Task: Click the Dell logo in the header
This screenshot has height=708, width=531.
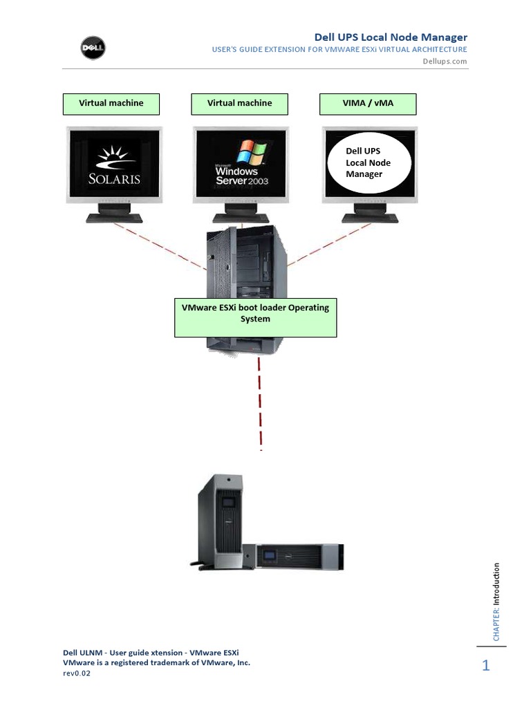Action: tap(88, 49)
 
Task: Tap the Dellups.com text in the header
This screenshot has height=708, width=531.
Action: tap(445, 61)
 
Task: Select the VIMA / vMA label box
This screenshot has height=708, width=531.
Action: tap(368, 103)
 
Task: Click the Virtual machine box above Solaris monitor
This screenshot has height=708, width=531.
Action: tap(111, 103)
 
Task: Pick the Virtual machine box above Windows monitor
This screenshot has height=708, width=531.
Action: tap(239, 103)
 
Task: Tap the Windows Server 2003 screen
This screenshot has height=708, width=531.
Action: tap(240, 166)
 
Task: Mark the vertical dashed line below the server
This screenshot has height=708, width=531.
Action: tap(260, 401)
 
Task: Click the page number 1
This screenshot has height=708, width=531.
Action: tap(486, 666)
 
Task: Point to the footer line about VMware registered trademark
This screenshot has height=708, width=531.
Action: tap(156, 662)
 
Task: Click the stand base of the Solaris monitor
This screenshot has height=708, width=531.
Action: tap(114, 217)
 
